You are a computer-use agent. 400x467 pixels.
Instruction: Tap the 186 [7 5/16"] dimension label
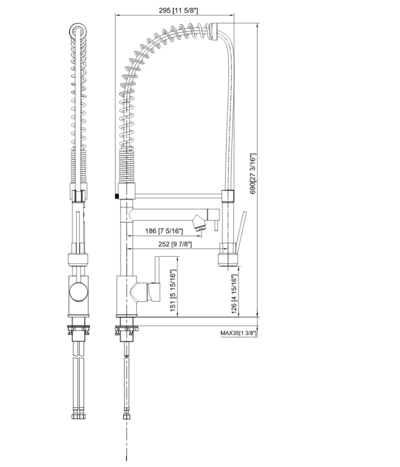click(164, 231)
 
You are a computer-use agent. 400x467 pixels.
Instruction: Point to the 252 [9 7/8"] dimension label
click(169, 244)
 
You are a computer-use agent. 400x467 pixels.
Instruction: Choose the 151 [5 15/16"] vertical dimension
click(173, 290)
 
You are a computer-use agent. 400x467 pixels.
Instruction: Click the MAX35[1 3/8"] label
click(238, 333)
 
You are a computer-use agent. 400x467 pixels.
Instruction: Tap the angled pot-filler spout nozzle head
click(199, 223)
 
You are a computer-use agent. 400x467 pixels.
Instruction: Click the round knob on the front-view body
click(78, 292)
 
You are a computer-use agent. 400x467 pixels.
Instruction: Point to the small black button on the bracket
click(116, 196)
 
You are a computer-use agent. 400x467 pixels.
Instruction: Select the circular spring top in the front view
click(78, 32)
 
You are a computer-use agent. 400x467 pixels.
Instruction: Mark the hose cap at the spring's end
click(215, 32)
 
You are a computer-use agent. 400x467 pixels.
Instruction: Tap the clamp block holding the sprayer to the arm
click(228, 196)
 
